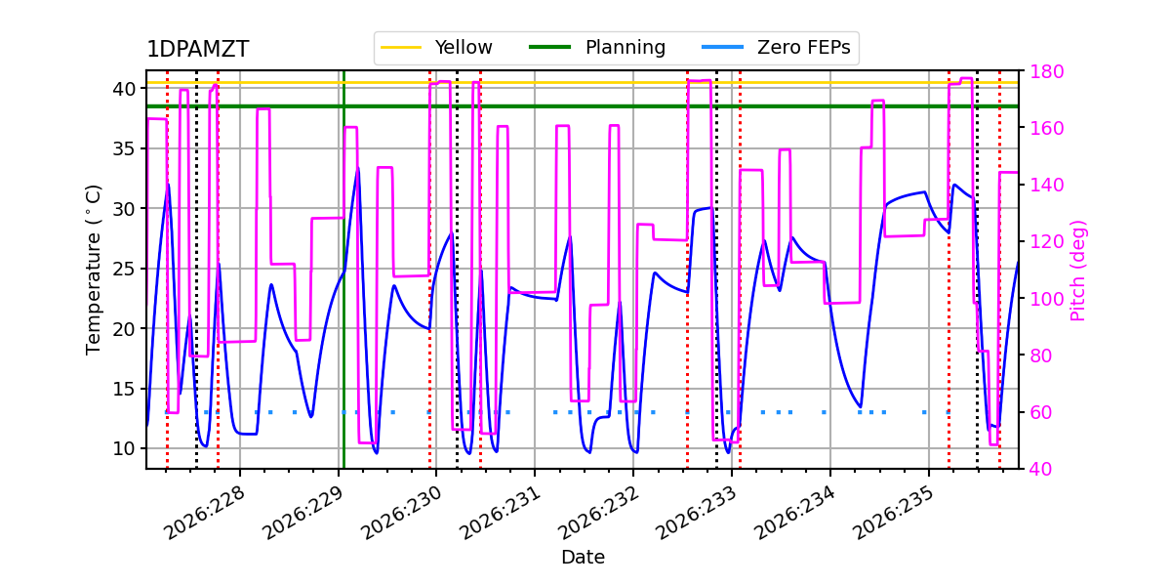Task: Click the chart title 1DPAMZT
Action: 197,49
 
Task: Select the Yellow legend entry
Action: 436,47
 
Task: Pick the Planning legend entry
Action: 597,47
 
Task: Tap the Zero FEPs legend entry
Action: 777,47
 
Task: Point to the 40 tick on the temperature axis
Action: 124,89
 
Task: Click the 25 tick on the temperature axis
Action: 124,269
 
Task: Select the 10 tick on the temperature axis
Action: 124,449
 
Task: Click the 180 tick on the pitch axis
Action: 1046,71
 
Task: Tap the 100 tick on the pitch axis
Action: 1046,299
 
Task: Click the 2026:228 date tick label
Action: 204,513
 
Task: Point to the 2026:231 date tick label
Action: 499,513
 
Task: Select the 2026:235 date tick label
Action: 893,513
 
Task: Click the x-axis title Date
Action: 583,558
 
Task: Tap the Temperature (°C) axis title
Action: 93,270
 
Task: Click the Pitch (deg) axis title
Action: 1078,272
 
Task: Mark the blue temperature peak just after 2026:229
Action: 358,168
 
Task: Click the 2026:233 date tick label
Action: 696,513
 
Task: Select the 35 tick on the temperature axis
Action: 124,149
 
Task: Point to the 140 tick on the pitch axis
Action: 1046,186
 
